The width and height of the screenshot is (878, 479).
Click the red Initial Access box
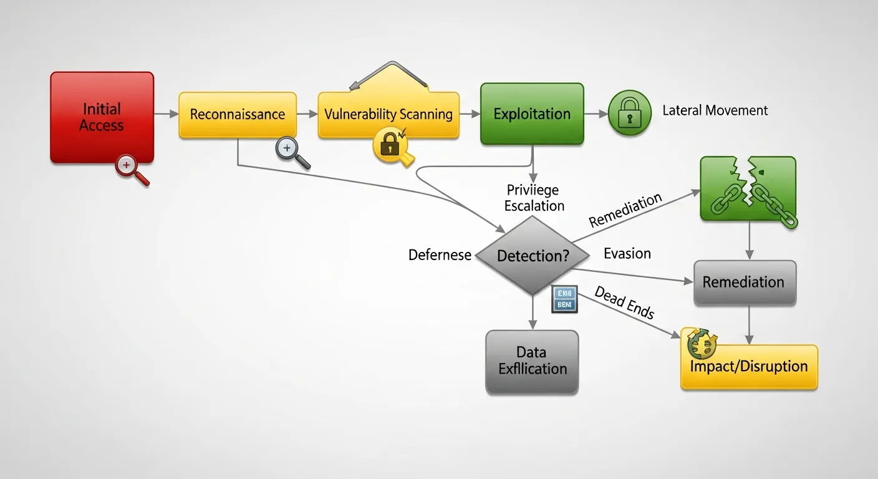tap(102, 117)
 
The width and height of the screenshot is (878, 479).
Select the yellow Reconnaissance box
tap(237, 115)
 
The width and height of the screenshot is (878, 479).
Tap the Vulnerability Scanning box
tap(388, 115)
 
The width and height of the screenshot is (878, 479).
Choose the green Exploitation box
tap(532, 114)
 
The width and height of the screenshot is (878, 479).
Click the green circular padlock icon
tap(629, 113)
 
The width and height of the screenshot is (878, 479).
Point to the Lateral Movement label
tap(715, 111)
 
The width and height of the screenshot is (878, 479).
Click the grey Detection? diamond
tap(532, 256)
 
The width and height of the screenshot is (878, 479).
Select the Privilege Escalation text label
tap(534, 198)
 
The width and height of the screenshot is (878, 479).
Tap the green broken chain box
tap(748, 189)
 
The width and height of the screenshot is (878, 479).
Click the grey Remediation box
tap(744, 282)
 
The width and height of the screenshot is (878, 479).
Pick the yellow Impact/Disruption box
tap(748, 367)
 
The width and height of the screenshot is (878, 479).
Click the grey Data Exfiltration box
tap(532, 361)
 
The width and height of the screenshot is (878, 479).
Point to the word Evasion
tap(627, 253)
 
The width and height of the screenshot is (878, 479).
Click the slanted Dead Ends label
tap(624, 302)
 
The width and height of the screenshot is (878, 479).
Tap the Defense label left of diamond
tap(440, 255)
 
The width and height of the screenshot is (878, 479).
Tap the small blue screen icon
tap(565, 299)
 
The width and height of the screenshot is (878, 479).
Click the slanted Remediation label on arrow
tap(625, 211)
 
